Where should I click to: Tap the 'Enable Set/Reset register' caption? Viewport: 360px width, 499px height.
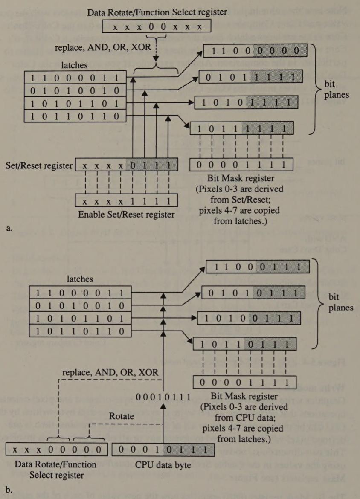pos(126,214)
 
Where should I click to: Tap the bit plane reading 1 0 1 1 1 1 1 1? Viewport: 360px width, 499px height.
pos(242,128)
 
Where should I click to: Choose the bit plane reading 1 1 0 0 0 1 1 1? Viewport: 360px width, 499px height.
pos(257,267)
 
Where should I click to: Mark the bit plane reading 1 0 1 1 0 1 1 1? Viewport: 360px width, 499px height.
pos(243,343)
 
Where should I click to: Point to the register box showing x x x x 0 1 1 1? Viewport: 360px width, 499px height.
pos(126,165)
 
